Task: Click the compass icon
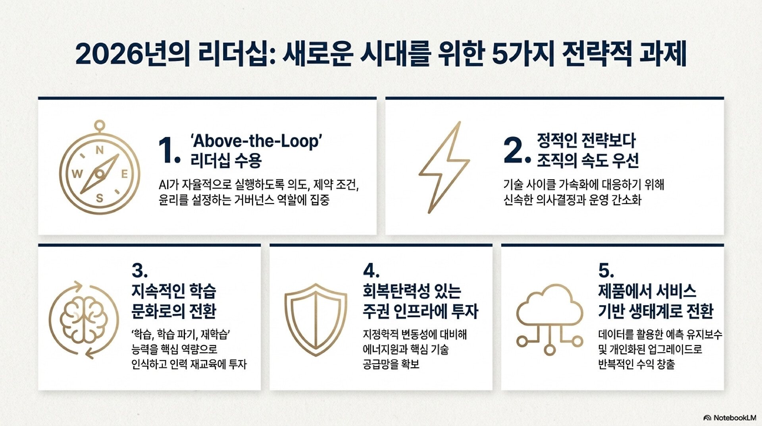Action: [100, 174]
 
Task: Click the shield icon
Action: [316, 319]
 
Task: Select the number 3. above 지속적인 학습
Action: [140, 271]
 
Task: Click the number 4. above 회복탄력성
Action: [371, 271]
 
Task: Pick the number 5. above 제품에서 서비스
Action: [606, 271]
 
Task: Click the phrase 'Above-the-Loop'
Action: [256, 141]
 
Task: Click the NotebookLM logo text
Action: [735, 418]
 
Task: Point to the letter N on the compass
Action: [100, 150]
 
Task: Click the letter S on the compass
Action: [100, 198]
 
